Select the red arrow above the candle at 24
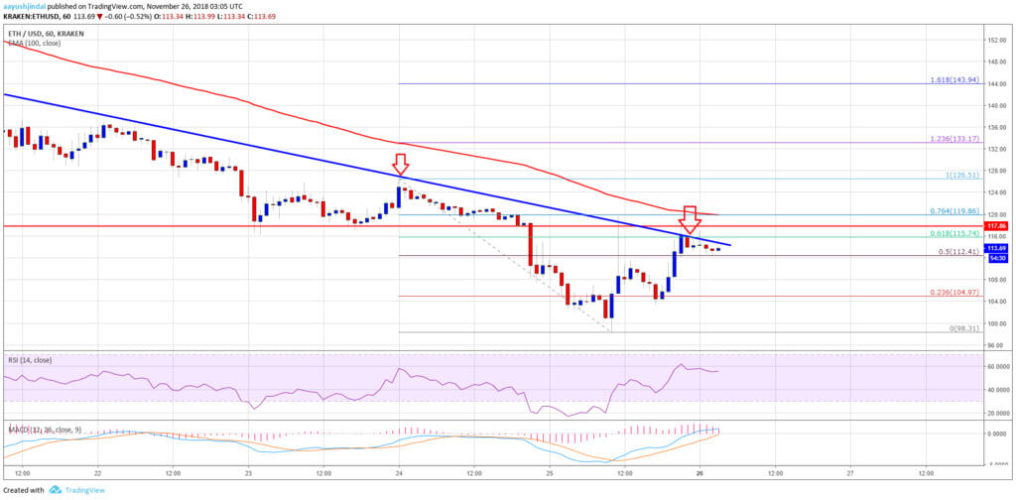(399, 164)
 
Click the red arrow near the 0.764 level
(691, 217)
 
